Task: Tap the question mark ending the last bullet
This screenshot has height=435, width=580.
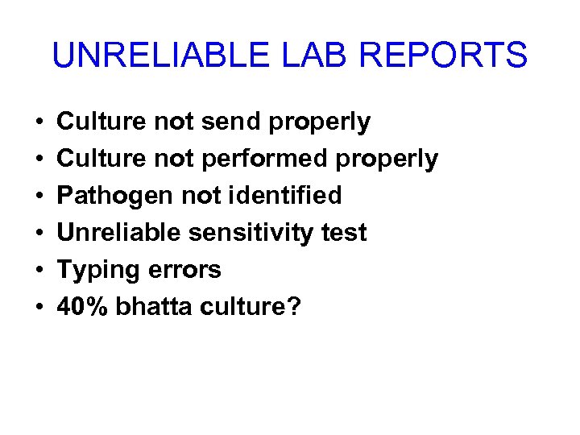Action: [292, 306]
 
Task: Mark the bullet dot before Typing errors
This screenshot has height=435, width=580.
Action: [39, 271]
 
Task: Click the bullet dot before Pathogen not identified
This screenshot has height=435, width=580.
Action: [39, 197]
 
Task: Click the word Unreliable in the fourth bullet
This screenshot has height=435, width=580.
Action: [119, 233]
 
